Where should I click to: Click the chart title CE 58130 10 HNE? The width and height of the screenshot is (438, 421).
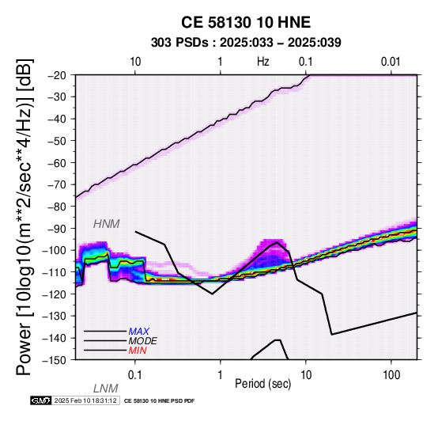[x=246, y=22]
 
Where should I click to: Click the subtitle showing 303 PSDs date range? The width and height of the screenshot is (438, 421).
[x=246, y=43]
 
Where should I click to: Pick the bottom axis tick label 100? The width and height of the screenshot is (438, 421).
[x=391, y=374]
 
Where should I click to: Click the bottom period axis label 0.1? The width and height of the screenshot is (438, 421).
[x=135, y=374]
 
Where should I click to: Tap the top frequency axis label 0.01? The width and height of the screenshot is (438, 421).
[x=391, y=62]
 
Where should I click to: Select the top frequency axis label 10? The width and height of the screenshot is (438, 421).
[x=135, y=62]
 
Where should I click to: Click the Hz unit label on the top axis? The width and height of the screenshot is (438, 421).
[x=263, y=62]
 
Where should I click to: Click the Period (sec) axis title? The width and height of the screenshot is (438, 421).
[x=262, y=384]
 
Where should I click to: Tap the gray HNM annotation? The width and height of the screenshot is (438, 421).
[x=107, y=224]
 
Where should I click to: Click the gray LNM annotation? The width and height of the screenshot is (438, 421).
[x=106, y=389]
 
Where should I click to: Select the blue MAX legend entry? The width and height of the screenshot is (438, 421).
[x=139, y=332]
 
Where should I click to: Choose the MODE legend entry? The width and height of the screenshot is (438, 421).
[x=143, y=341]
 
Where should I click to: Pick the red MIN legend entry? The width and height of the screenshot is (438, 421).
[x=138, y=351]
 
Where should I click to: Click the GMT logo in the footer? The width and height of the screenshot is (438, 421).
[x=41, y=400]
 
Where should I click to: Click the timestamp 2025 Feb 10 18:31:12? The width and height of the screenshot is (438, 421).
[x=85, y=400]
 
